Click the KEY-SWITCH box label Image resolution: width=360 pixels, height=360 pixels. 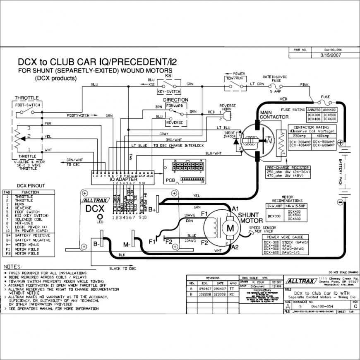(x=168, y=92)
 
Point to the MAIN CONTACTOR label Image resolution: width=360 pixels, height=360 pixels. (x=274, y=115)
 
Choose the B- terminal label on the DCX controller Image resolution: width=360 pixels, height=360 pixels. (x=96, y=244)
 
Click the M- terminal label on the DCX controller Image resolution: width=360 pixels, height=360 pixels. (x=126, y=244)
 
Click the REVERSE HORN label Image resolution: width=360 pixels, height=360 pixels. (x=227, y=108)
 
